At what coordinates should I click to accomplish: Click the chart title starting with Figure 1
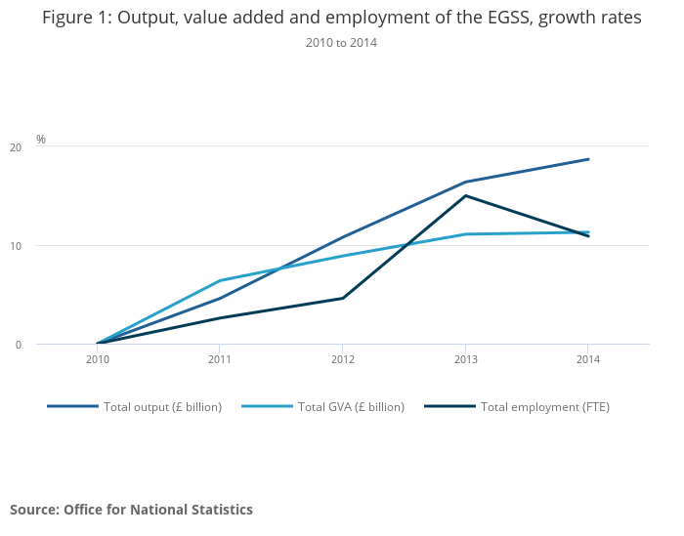tap(341, 19)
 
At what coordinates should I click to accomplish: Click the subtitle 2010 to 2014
tap(341, 43)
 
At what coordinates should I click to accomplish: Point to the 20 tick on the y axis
tap(16, 147)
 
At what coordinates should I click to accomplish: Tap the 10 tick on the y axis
tap(16, 246)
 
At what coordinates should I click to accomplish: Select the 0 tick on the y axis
tap(19, 345)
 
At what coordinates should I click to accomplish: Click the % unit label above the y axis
tap(41, 140)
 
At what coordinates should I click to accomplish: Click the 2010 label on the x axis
tap(97, 360)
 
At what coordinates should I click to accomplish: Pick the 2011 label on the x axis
tap(219, 360)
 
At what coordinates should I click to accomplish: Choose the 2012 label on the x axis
tap(342, 360)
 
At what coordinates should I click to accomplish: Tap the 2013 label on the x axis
tap(465, 360)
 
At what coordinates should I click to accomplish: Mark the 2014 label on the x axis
tap(587, 360)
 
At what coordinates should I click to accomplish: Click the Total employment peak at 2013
tap(465, 195)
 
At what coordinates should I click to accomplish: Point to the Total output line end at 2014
tap(588, 159)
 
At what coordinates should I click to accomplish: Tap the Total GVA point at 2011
tap(219, 280)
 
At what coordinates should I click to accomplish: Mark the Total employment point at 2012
tap(342, 298)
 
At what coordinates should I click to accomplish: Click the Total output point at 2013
tap(465, 182)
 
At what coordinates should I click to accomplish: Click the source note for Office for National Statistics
tap(131, 510)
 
